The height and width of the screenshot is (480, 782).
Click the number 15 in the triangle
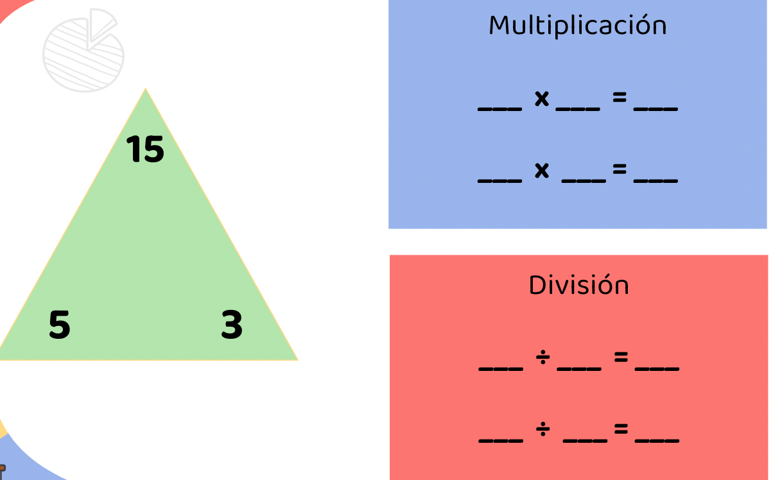145,149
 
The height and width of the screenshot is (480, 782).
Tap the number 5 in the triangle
59,325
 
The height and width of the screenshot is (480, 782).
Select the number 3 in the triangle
232,325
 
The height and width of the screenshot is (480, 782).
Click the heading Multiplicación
577,26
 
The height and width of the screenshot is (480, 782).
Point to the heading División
578,285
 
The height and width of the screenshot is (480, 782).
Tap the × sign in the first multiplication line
542,98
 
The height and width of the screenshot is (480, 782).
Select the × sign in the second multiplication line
542,170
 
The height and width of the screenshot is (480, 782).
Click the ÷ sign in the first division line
543,359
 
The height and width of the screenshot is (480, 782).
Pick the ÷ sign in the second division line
543,431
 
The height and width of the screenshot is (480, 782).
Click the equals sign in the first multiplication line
619,98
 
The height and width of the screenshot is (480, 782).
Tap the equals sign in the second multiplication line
619,169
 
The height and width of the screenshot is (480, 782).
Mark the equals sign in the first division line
620,357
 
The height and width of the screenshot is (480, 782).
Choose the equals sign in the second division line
620,429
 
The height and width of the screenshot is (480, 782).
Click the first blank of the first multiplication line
500,109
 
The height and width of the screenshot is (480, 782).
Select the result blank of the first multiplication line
656,109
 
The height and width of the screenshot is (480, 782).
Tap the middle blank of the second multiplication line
584,181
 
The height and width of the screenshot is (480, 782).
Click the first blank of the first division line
501,370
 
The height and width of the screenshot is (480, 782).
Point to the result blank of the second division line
657,441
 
